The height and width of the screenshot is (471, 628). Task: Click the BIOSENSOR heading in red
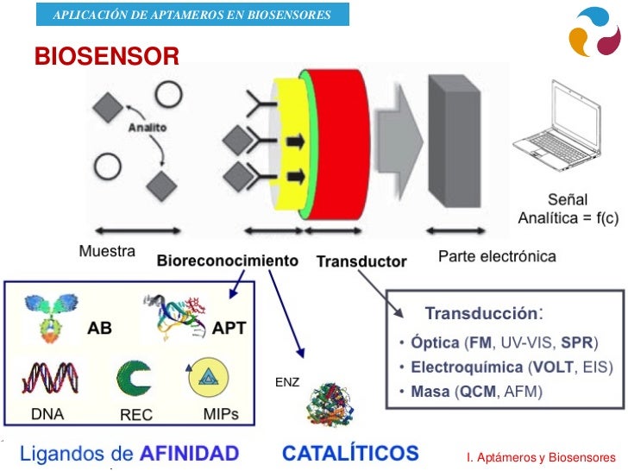(x=107, y=57)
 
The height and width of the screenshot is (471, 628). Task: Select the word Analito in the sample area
(x=148, y=129)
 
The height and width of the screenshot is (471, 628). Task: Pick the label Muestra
(x=107, y=253)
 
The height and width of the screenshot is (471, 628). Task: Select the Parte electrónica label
(x=498, y=256)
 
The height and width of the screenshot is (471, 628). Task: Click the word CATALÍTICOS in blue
(x=350, y=453)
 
